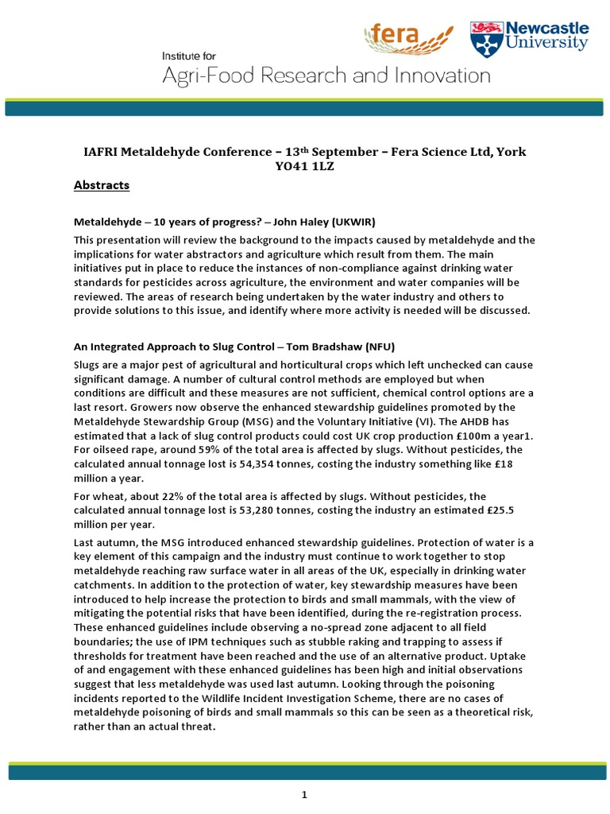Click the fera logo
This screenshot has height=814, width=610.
pos(407,37)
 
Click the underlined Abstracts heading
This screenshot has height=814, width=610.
pos(101,185)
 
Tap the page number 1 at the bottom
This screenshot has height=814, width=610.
pos(304,794)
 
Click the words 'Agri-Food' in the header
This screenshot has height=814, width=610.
pos(210,76)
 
